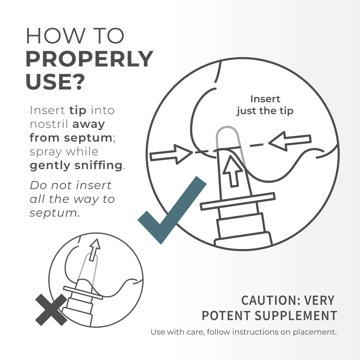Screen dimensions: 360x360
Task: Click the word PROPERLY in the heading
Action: [x=89, y=59]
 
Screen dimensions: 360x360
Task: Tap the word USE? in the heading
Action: [x=55, y=82]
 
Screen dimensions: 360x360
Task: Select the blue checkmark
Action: [x=172, y=210]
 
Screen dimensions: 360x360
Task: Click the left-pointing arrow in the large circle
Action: [x=290, y=141]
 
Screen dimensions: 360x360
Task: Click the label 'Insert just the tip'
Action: [x=265, y=105]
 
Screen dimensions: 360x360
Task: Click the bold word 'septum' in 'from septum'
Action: [x=88, y=138]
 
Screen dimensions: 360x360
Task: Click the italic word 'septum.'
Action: [x=55, y=213]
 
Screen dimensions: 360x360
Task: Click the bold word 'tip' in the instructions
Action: [x=78, y=111]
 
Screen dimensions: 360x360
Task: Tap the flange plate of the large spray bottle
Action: [x=238, y=201]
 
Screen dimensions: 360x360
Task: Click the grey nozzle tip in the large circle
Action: [x=229, y=138]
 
